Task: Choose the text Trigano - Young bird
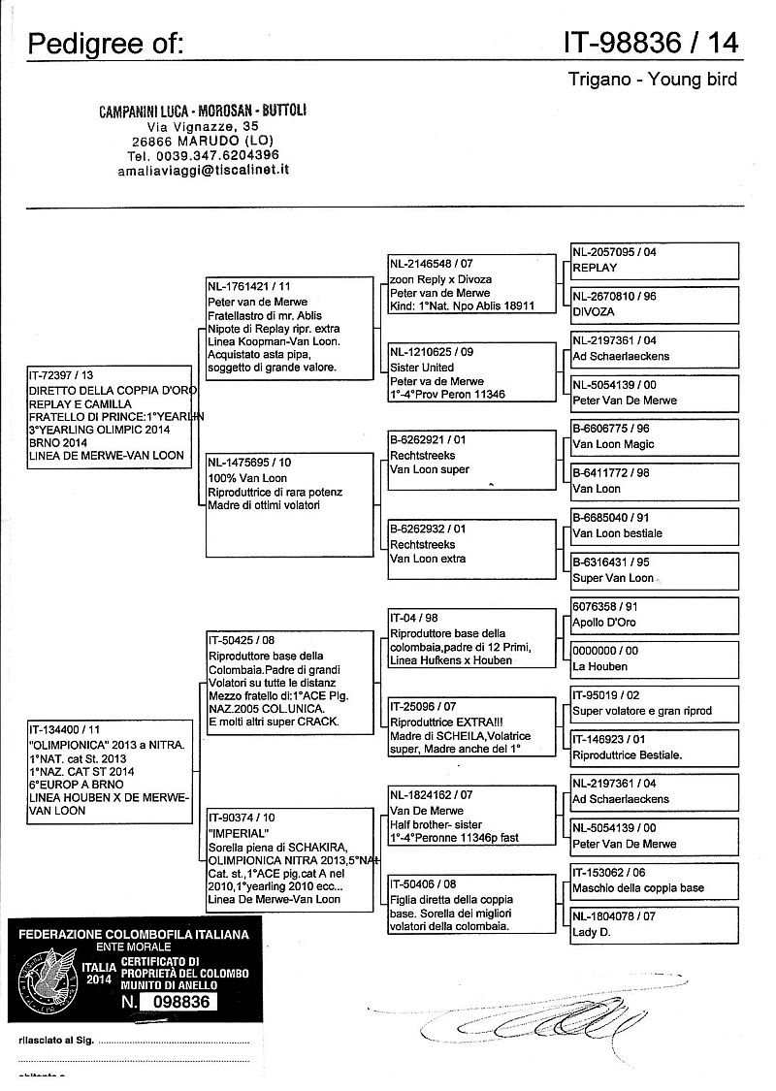[652, 80]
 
